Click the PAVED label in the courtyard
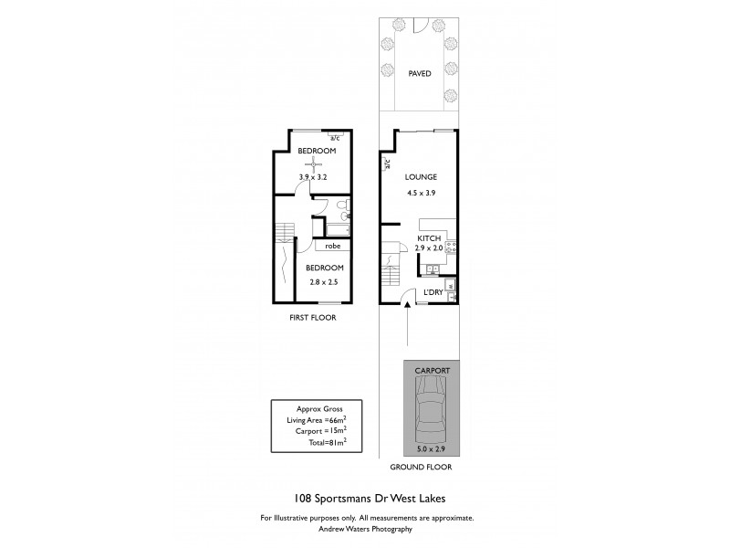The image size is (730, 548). pyautogui.click(x=420, y=74)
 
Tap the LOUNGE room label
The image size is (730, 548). pyautogui.click(x=422, y=177)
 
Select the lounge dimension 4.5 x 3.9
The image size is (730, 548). pyautogui.click(x=422, y=194)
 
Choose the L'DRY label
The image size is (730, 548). pyautogui.click(x=433, y=292)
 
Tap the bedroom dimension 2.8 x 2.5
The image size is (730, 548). pyautogui.click(x=323, y=282)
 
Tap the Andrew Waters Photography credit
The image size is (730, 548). pyautogui.click(x=365, y=528)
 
